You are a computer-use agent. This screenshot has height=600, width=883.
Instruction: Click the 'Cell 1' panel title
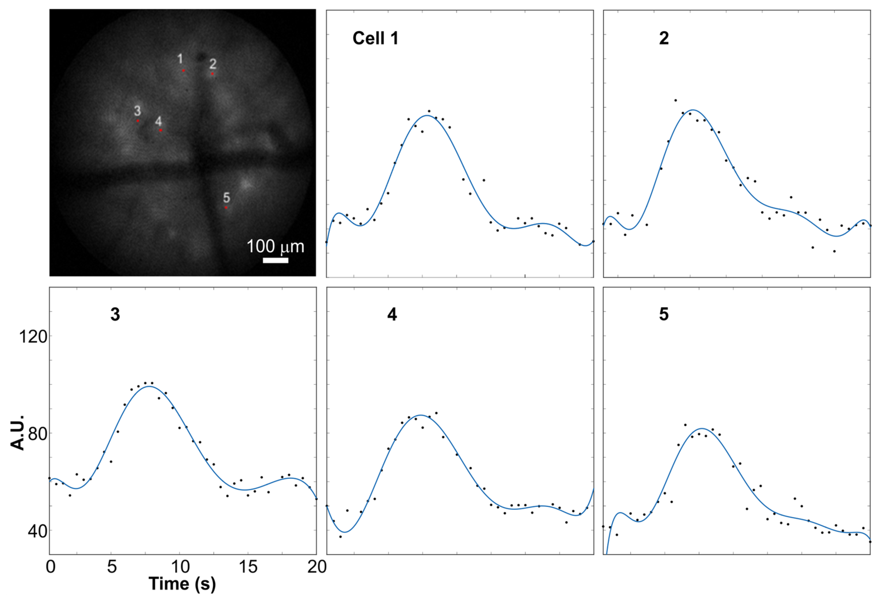(x=376, y=38)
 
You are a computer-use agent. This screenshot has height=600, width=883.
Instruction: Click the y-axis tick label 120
(x=33, y=337)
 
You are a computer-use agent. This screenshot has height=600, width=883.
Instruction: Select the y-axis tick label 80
(x=37, y=433)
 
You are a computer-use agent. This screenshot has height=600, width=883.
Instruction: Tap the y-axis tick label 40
(x=37, y=531)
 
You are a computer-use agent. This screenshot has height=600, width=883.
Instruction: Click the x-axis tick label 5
(x=111, y=567)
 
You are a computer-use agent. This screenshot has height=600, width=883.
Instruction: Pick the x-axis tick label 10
(x=180, y=567)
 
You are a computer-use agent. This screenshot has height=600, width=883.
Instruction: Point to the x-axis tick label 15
(x=248, y=567)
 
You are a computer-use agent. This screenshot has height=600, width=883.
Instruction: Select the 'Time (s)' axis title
(x=182, y=584)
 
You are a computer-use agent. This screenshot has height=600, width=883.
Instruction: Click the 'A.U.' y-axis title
(x=17, y=433)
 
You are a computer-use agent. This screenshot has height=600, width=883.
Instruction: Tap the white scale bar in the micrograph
(x=276, y=260)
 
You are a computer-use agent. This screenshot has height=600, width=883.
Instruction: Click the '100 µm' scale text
(x=276, y=247)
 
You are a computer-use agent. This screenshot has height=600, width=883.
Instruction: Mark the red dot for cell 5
(x=226, y=208)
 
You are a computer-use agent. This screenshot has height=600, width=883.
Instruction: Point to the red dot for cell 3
(x=138, y=121)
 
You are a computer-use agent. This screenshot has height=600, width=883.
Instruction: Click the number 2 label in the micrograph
(x=213, y=64)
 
